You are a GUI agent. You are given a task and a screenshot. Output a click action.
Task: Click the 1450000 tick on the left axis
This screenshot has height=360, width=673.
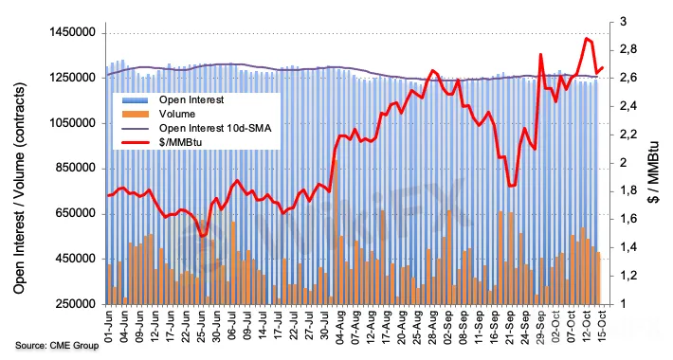click(72, 32)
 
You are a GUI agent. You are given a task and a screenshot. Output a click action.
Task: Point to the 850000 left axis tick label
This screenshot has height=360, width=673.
click(75, 169)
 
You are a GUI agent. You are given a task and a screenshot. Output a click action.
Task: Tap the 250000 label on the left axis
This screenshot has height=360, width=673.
click(75, 304)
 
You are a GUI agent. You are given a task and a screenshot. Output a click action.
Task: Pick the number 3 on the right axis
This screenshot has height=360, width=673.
click(623, 22)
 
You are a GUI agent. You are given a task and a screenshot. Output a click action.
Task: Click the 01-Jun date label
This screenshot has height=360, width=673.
click(108, 326)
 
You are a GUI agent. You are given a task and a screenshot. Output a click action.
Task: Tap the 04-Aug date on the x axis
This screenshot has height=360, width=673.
click(338, 326)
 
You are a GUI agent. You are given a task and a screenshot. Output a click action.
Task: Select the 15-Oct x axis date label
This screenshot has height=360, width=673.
click(601, 326)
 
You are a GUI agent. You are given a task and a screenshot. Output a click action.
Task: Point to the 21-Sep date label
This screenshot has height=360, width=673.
click(509, 326)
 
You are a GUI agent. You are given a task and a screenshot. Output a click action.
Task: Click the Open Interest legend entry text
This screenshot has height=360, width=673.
click(191, 100)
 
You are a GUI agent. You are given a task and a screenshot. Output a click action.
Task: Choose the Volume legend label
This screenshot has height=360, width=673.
click(177, 114)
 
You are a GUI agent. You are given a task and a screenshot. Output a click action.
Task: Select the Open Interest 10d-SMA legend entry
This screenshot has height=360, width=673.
click(215, 128)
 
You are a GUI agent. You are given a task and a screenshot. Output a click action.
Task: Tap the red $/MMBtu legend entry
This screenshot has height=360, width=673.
click(180, 142)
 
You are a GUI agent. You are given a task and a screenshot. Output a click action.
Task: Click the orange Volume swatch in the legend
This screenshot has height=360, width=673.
click(136, 114)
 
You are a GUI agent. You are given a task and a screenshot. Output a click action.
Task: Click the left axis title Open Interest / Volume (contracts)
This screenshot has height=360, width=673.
click(19, 188)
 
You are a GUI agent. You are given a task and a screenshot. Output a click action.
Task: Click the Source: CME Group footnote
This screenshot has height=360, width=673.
click(57, 345)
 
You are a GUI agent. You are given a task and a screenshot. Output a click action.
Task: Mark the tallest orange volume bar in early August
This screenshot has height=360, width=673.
click(336, 232)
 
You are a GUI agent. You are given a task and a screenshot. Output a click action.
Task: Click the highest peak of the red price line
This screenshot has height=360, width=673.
click(587, 38)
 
